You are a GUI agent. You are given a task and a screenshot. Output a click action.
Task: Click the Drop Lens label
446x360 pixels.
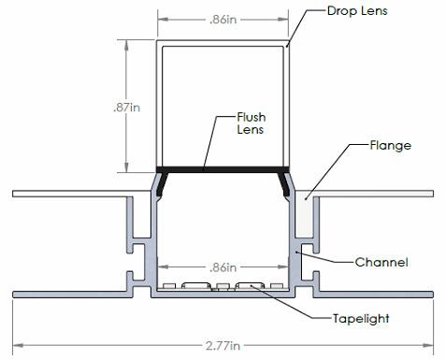357,11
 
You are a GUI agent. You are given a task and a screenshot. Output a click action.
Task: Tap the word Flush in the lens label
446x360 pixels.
252,117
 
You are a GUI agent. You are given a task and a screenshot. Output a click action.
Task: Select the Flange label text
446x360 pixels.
390,146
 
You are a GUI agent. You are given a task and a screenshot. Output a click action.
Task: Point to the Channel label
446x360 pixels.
381,262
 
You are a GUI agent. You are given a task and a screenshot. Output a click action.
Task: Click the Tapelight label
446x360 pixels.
361,319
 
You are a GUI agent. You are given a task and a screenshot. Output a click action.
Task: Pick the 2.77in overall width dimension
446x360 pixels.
223,346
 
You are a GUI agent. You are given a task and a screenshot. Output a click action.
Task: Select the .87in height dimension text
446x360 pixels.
127,108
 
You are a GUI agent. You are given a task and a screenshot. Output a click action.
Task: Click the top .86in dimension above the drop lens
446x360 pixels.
223,20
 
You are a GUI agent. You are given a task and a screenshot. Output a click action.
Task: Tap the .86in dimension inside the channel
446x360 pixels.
223,267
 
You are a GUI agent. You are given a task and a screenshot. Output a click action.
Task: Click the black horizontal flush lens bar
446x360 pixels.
223,169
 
